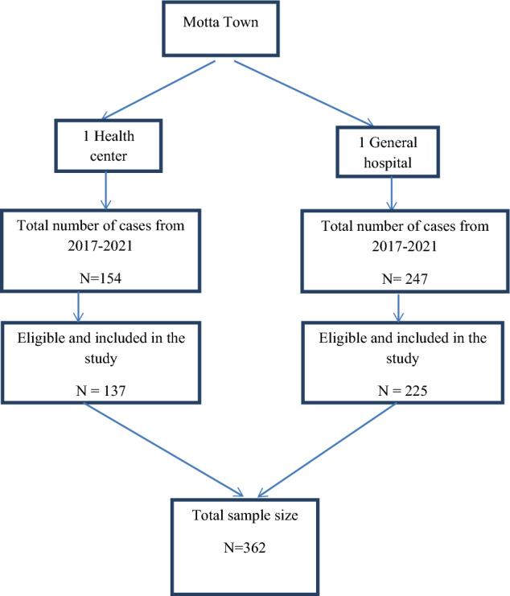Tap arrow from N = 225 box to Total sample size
[330, 450]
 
